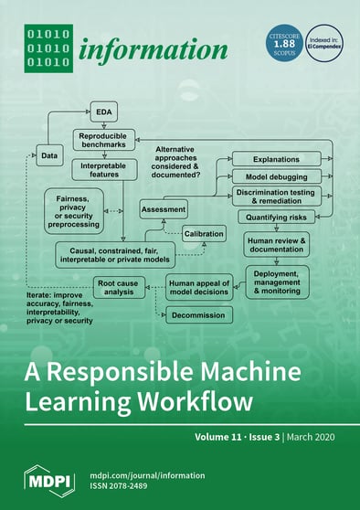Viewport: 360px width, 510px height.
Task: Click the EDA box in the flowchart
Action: pyautogui.click(x=103, y=112)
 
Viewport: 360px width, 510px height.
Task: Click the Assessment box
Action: pyautogui.click(x=164, y=209)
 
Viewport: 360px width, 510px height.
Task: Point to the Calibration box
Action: pyautogui.click(x=204, y=233)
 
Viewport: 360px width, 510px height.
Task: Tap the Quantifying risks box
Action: pyautogui.click(x=277, y=218)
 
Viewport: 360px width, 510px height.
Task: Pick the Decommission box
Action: pyautogui.click(x=200, y=314)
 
